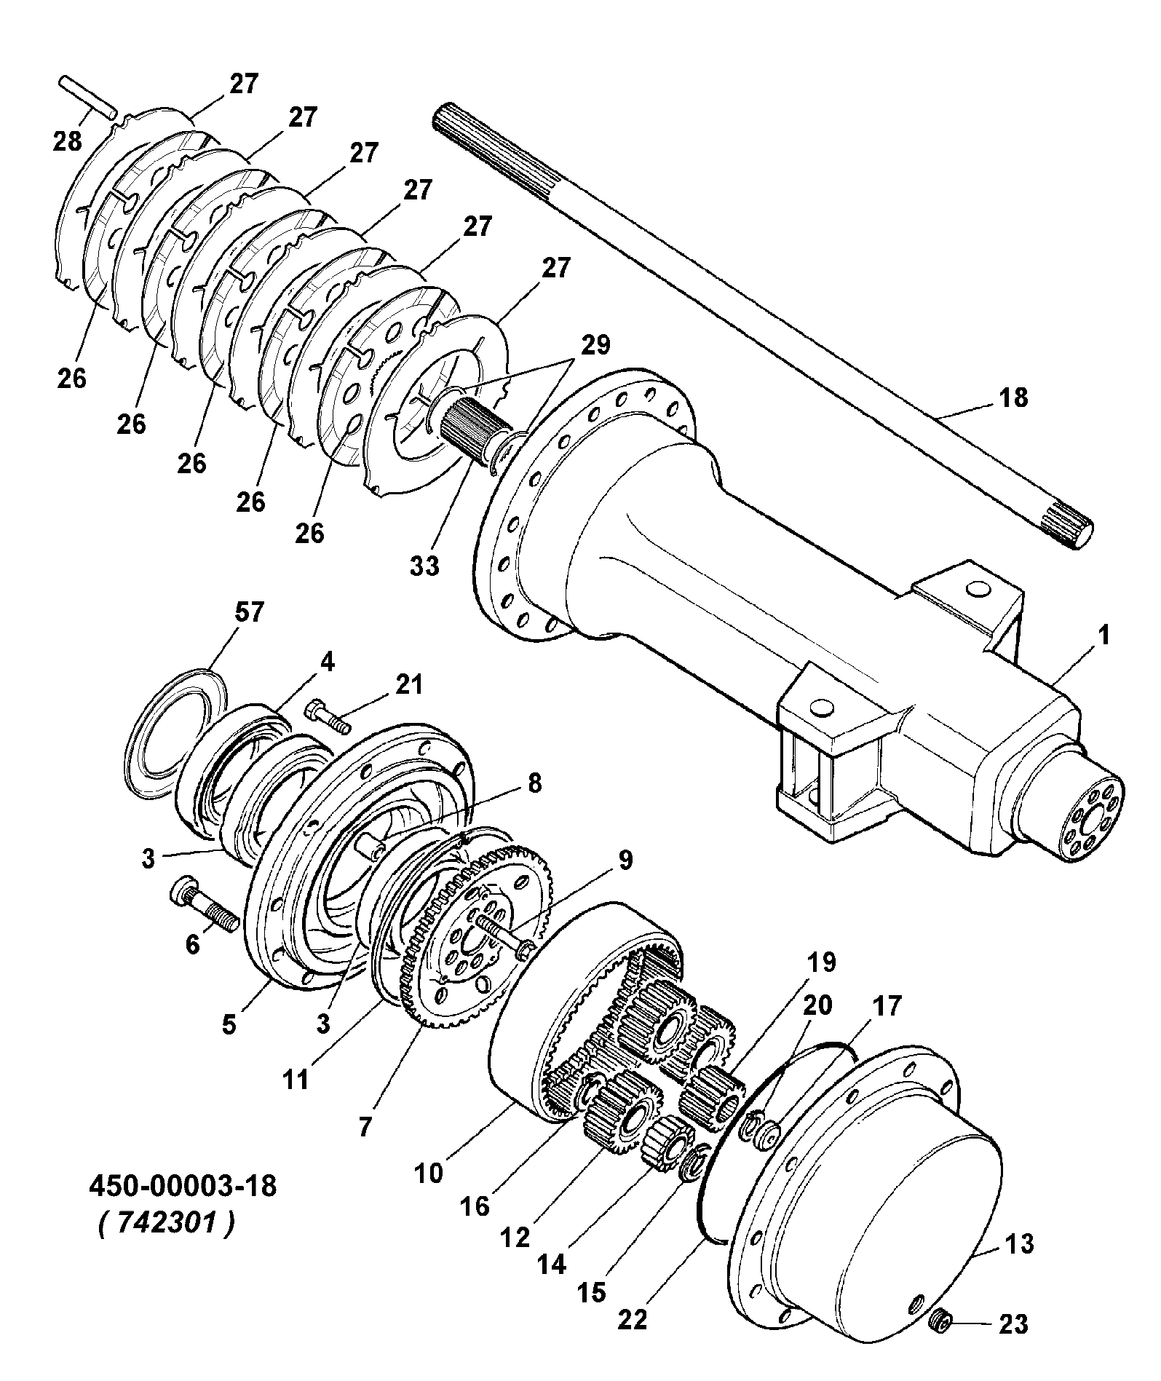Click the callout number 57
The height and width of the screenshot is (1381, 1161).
[x=247, y=614]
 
